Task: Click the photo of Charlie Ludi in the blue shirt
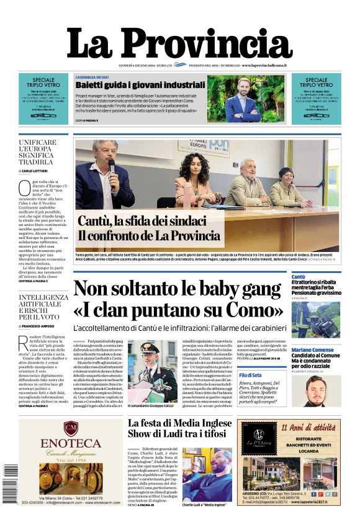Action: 207,474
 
